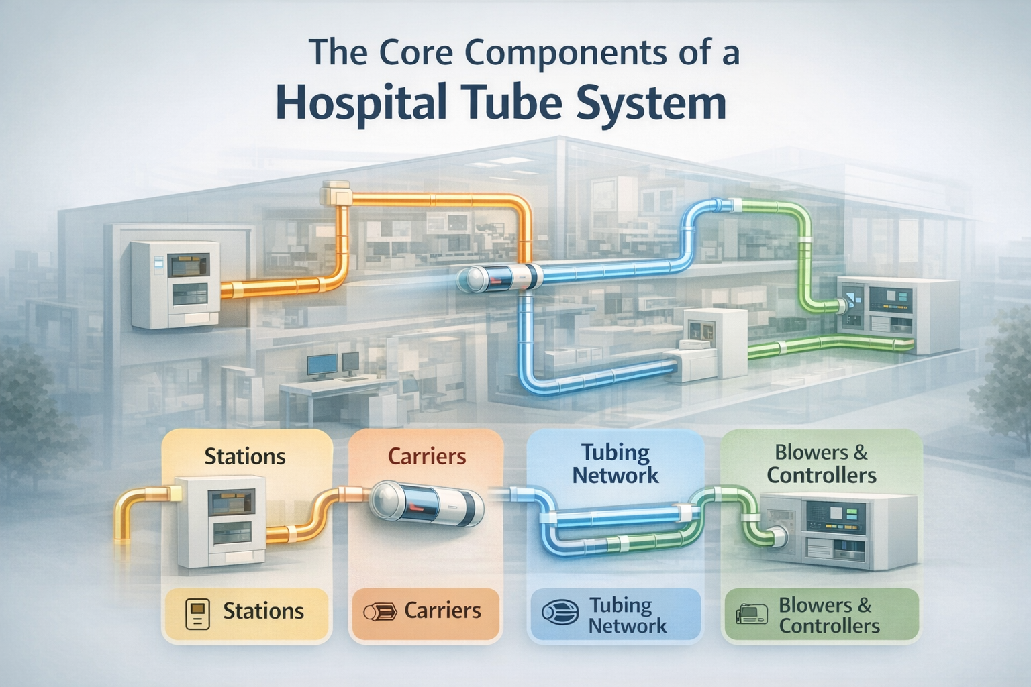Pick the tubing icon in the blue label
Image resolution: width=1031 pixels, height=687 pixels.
pos(560,613)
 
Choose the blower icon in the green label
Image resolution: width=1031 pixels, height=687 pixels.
pos(752,614)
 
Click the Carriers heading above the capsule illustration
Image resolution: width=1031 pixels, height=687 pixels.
pos(426,456)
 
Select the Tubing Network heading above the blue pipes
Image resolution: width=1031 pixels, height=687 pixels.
pos(616,464)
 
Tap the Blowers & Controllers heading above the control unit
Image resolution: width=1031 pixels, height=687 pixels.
pos(821,464)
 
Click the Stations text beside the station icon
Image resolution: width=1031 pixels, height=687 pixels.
pos(263,611)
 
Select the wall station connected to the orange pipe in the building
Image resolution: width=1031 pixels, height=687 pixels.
pos(175,284)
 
